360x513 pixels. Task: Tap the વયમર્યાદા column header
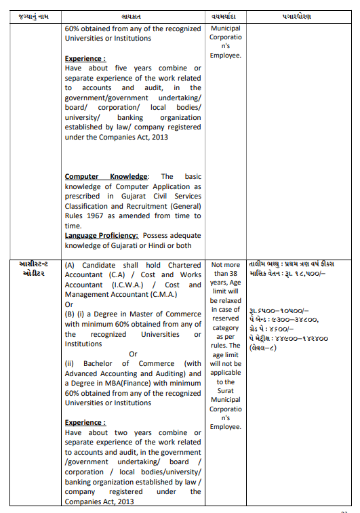225,16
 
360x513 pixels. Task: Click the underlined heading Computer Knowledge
106,177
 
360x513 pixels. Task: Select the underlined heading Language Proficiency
105,235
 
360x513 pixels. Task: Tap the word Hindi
159,245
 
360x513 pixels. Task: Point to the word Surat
226,390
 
